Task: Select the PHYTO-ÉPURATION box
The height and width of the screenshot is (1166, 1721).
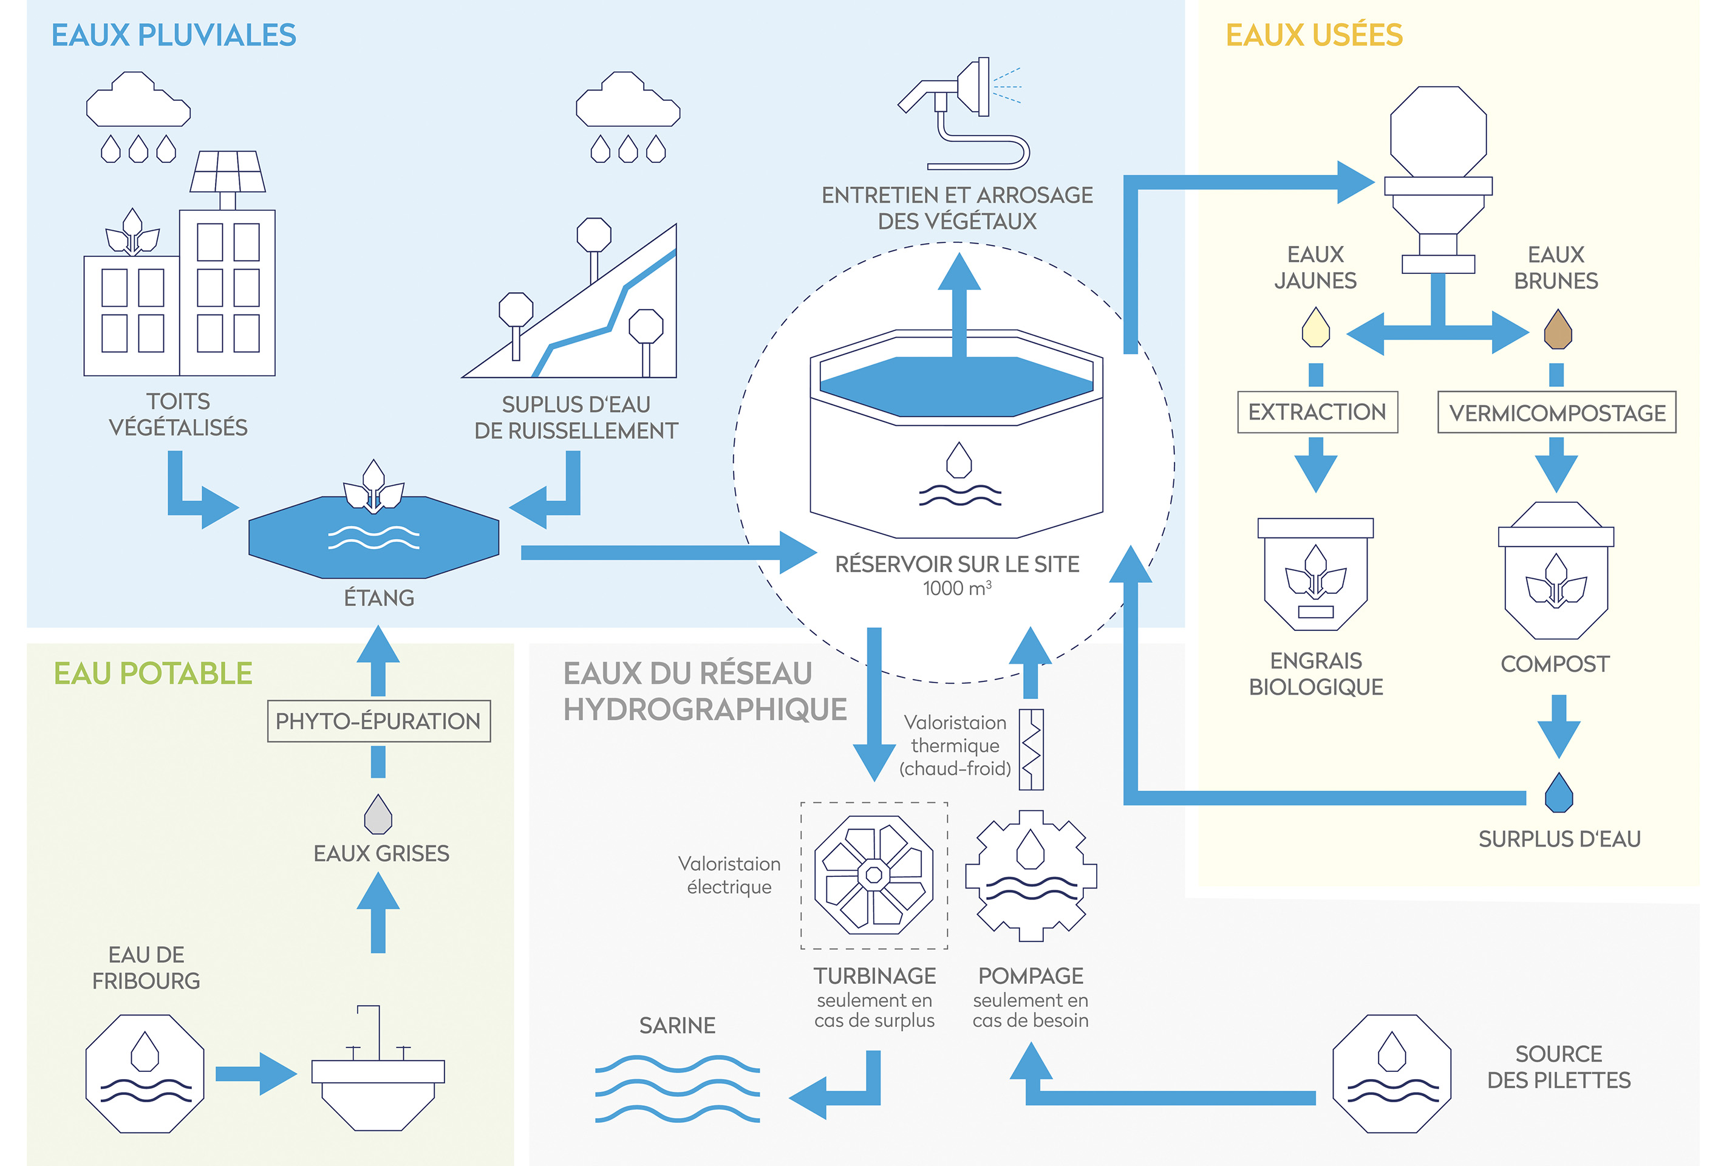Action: pos(378,721)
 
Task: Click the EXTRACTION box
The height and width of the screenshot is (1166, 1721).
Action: pos(1317,412)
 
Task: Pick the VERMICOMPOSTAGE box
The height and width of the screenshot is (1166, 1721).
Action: pos(1556,412)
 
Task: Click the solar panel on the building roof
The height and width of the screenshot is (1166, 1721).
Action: pos(227,172)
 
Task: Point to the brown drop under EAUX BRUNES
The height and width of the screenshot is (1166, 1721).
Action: pos(1558,330)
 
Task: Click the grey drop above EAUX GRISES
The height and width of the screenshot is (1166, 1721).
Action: pos(378,814)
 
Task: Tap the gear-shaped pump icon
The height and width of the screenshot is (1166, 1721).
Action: pos(1031,876)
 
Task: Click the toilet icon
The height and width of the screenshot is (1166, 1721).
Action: pos(1438,178)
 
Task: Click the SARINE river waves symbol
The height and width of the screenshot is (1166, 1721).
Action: pos(677,1089)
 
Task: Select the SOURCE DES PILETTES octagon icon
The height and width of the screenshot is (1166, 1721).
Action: pos(1391,1074)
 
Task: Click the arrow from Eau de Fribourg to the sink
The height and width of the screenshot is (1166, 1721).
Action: pos(256,1074)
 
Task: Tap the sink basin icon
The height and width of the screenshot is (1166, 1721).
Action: pos(378,1089)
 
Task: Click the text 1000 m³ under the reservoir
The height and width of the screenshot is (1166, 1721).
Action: pos(957,588)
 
